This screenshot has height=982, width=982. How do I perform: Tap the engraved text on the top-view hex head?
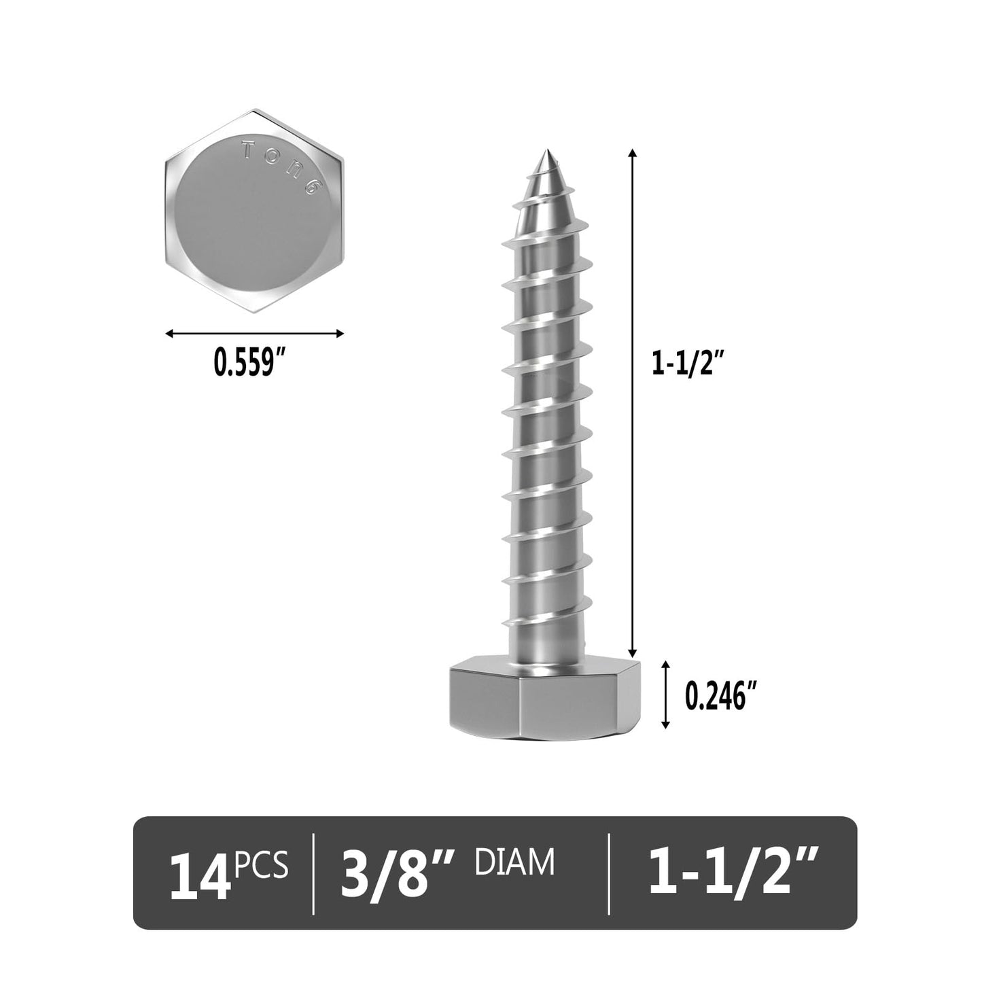pos(281,167)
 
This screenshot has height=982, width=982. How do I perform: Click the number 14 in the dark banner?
pos(200,875)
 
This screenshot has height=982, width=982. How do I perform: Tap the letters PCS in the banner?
pos(262,865)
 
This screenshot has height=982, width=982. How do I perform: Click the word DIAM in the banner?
pos(514,862)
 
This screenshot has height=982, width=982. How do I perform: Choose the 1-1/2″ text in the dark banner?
pos(730,873)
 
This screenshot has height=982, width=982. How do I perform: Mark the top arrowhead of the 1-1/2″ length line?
pos(633,154)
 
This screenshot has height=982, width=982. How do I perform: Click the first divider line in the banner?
pos(313,873)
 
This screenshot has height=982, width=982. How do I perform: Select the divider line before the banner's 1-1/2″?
pos(609,873)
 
